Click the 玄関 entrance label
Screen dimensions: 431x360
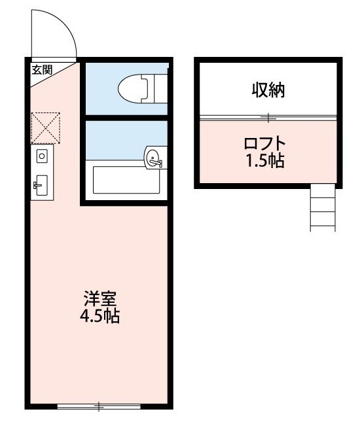[x=43, y=70]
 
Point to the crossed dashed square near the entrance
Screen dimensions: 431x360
[x=46, y=128]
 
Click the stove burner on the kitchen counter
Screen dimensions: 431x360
[x=42, y=156]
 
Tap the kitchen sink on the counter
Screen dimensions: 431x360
[x=41, y=184]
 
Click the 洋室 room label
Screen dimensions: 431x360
[x=99, y=301]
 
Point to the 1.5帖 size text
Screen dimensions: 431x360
[x=265, y=161]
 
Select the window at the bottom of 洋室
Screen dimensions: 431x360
[x=99, y=407]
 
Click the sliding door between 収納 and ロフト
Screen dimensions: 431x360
[x=268, y=118]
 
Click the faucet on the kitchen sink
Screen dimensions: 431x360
[x=36, y=185]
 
